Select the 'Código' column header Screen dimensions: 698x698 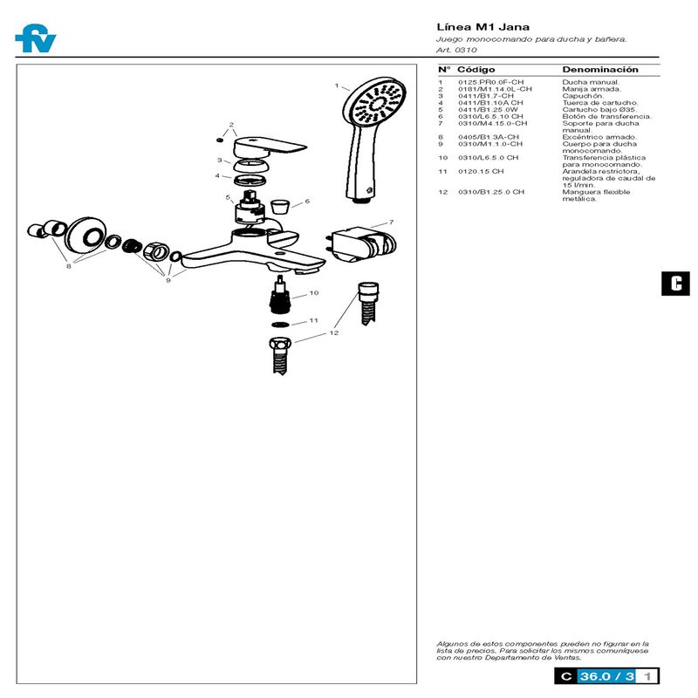pos(476,69)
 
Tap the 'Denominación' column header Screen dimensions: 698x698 pos(599,69)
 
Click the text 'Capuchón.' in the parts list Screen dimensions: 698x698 pos(583,96)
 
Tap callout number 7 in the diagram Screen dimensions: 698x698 pos(392,222)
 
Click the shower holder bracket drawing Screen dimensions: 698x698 pos(358,241)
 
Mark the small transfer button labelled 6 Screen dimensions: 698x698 pos(279,208)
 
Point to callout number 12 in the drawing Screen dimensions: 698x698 pos(334,332)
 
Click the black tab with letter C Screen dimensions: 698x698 pos(675,283)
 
